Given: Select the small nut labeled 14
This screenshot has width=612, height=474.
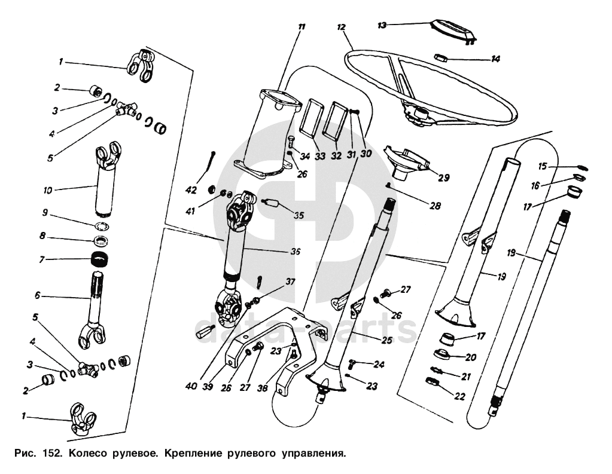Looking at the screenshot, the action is [442, 57].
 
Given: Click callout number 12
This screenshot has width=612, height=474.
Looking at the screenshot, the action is [341, 27].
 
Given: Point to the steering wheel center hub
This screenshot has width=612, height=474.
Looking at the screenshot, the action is [418, 114].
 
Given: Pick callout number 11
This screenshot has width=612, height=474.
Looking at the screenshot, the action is [301, 27].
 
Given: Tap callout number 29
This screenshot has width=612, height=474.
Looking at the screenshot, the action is [444, 178].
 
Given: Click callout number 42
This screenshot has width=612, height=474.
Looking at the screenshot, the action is [191, 191].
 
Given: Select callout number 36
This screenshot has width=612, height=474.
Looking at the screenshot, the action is [296, 252].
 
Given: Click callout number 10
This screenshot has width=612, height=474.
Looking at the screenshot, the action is [48, 191].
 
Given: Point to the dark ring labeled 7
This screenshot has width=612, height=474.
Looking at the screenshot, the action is [99, 259].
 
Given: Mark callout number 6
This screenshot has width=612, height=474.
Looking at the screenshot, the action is [38, 295].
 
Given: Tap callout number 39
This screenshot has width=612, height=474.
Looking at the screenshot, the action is [208, 387].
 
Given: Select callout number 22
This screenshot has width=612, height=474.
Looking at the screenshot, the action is [460, 396].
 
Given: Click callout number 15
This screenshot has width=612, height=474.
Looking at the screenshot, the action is [543, 167].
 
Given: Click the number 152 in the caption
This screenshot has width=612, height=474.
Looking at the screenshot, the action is [51, 453].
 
